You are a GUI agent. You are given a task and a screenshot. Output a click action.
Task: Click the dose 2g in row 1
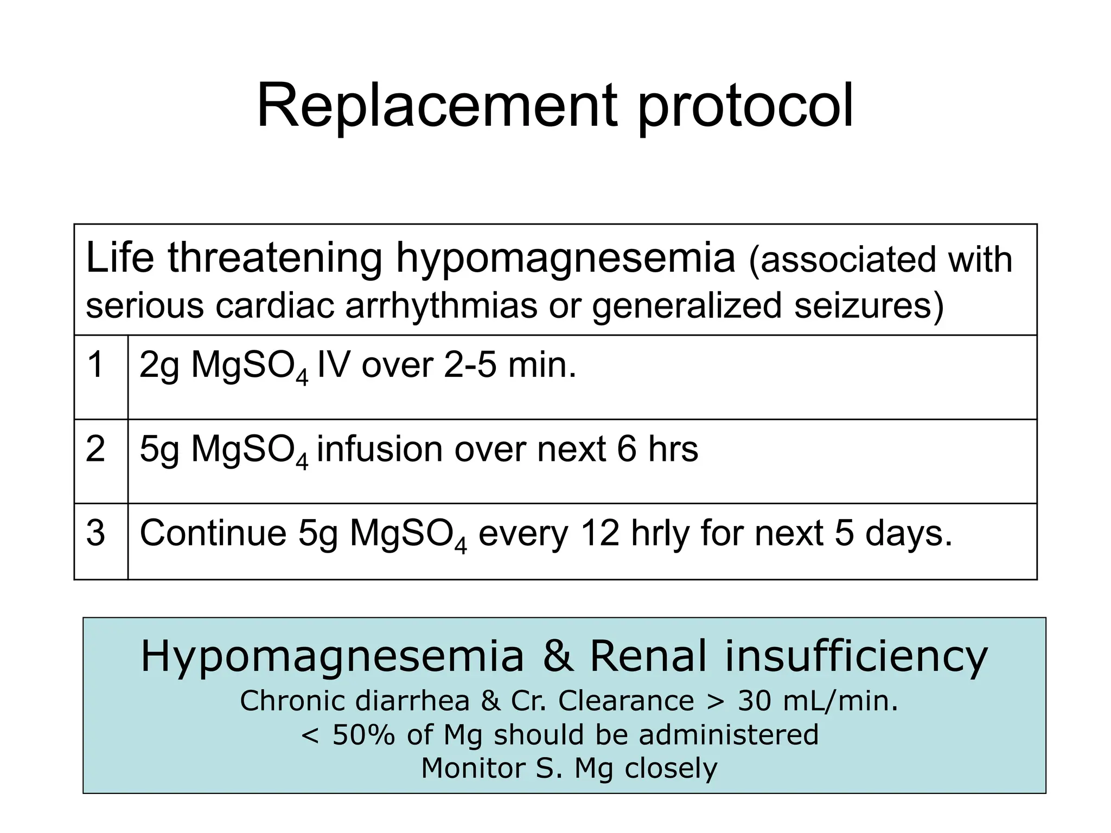159,366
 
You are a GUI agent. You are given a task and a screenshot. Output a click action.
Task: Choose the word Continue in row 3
213,533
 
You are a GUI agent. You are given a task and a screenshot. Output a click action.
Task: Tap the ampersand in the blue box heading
557,656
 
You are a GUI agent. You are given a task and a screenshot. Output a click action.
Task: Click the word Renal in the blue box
648,656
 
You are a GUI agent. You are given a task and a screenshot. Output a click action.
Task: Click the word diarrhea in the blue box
412,701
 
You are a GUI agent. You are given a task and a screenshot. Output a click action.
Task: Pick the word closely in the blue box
671,768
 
